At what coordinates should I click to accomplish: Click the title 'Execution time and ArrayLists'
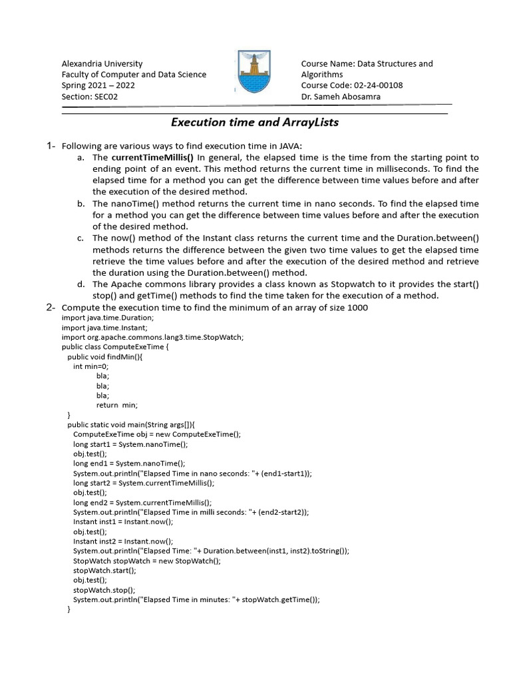click(x=255, y=122)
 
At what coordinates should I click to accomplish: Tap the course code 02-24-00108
click(x=377, y=85)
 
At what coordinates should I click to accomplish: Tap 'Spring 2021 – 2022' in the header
click(x=98, y=85)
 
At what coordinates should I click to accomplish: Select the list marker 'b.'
click(x=81, y=204)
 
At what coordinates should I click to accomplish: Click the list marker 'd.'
click(x=81, y=284)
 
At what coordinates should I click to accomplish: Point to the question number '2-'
click(x=51, y=307)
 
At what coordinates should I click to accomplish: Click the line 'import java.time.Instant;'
click(x=104, y=328)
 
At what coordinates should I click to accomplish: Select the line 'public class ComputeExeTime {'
click(x=115, y=347)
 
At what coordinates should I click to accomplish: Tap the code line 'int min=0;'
click(x=90, y=366)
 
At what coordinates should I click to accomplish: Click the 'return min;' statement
click(x=116, y=404)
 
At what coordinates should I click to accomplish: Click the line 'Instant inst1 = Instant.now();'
click(x=123, y=522)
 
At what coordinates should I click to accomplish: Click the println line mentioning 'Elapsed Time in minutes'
click(x=196, y=599)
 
